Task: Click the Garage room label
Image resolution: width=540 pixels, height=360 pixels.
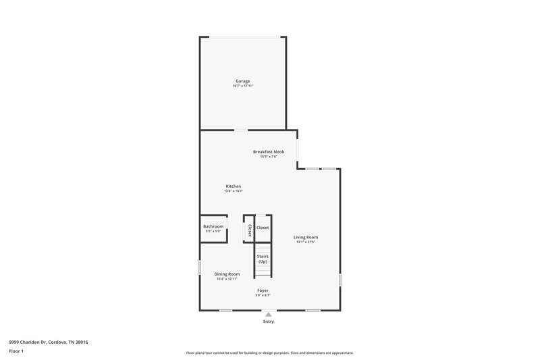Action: (x=242, y=81)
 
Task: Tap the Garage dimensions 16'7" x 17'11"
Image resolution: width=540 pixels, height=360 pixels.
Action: (x=242, y=86)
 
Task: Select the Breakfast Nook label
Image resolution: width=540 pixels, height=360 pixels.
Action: (x=269, y=152)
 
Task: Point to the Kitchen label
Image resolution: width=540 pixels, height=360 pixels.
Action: (x=233, y=186)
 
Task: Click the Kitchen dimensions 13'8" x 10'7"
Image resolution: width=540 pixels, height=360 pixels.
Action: (x=233, y=191)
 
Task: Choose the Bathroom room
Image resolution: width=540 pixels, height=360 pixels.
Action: (x=213, y=227)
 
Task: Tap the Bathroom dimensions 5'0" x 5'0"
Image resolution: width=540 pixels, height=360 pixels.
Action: (x=213, y=232)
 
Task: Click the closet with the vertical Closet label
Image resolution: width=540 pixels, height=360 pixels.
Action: (x=249, y=230)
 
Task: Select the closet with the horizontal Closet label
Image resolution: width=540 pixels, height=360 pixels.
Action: (x=263, y=228)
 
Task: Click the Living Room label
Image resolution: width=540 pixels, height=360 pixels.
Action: (x=305, y=237)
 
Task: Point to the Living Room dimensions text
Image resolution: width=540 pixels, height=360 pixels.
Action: (x=305, y=242)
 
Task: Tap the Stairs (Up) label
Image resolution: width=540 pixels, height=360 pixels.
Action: (x=263, y=259)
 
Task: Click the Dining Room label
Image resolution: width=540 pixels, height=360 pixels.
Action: (x=227, y=274)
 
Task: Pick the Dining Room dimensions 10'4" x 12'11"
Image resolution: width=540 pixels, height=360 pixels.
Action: (x=227, y=279)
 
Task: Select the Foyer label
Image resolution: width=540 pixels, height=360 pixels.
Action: (x=263, y=290)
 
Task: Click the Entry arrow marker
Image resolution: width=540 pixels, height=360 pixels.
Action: (x=269, y=314)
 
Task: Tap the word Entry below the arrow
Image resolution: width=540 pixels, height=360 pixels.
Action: (x=269, y=322)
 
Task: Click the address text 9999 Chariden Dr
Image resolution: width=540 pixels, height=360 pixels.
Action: (x=49, y=342)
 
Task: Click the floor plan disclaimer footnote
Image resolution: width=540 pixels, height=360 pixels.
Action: (x=269, y=353)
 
